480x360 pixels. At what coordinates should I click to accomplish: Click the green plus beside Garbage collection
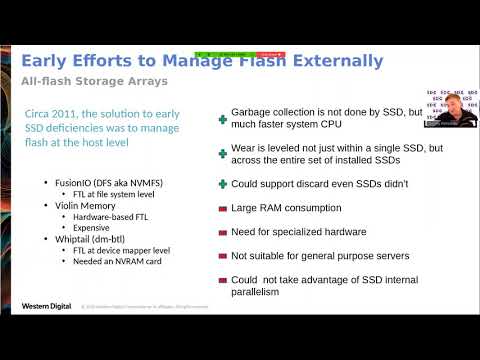coord(222,119)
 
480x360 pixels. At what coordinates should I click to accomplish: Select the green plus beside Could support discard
coord(222,184)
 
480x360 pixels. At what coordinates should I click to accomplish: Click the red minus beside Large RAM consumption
coord(222,208)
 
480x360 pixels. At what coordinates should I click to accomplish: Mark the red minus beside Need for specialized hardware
coord(222,232)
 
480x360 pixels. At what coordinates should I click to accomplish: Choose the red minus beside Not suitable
coord(222,255)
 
